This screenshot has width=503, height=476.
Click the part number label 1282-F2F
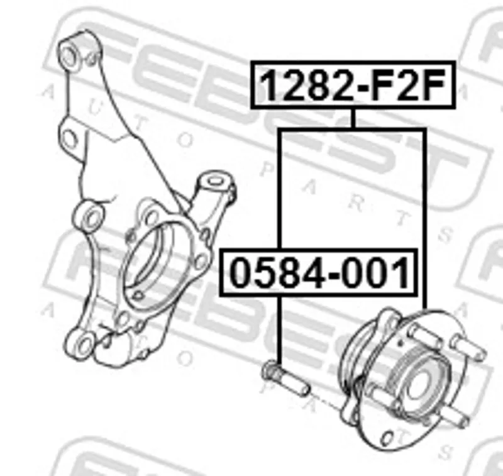click(x=353, y=85)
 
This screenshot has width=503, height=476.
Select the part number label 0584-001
click(x=319, y=272)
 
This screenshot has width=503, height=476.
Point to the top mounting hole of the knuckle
click(x=69, y=55)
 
